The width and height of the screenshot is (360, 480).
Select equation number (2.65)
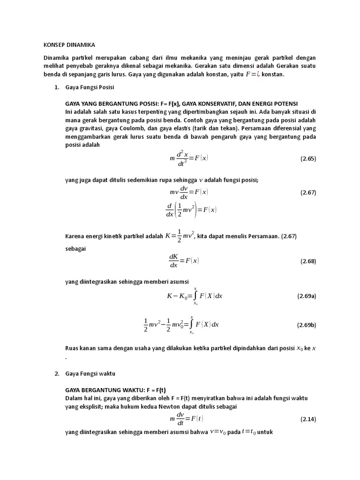(308, 158)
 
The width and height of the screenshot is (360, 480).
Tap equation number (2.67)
(308, 193)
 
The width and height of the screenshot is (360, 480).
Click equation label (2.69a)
(307, 296)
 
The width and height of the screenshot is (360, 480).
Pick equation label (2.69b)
(307, 325)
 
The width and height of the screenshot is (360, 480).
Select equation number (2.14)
(308, 419)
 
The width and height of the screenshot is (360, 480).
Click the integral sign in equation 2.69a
(195, 296)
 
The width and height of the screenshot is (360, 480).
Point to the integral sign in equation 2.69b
(191, 324)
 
